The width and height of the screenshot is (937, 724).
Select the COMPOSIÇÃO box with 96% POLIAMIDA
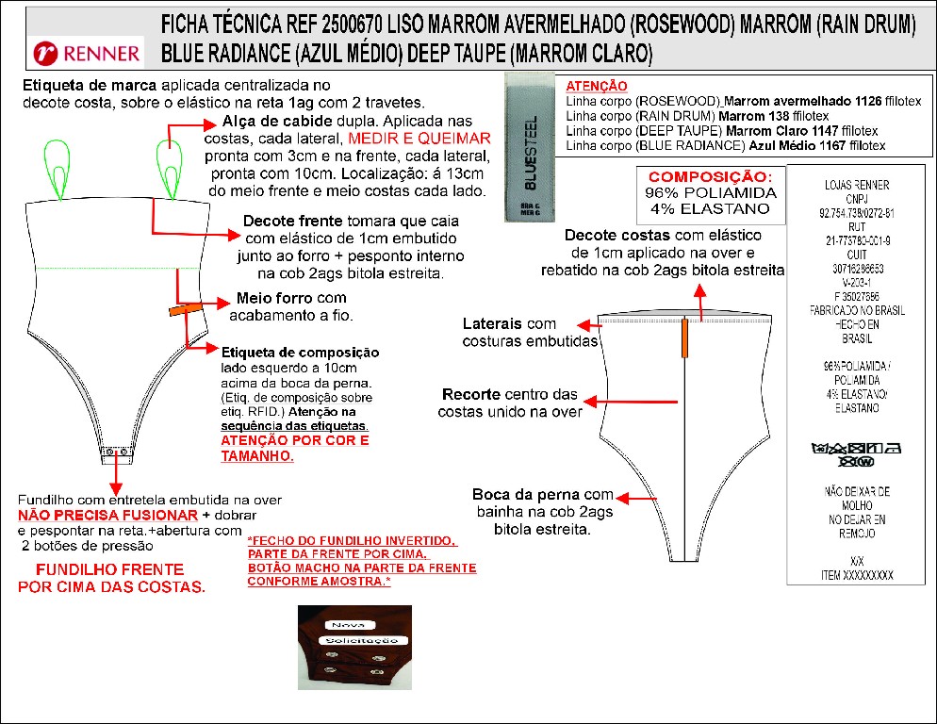pyautogui.click(x=710, y=193)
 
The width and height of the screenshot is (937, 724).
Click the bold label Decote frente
pyautogui.click(x=280, y=221)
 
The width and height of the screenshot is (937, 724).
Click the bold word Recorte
pyautogui.click(x=470, y=393)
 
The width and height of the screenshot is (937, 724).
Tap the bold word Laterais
pyautogui.click(x=494, y=323)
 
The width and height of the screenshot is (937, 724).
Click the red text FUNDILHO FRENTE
pyautogui.click(x=110, y=570)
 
